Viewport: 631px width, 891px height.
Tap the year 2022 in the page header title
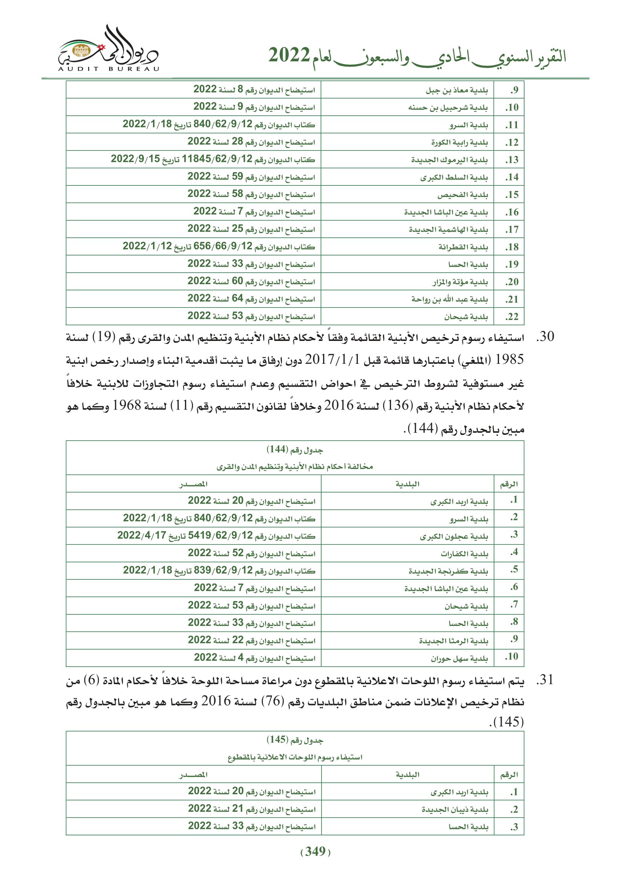tap(289, 56)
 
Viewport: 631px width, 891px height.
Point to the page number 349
tap(315, 851)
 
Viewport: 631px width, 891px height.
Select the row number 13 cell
tap(512, 160)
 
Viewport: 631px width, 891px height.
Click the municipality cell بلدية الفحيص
tap(462, 195)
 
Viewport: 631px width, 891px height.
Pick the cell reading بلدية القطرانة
tap(463, 247)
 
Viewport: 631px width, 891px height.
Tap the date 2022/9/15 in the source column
tap(135, 159)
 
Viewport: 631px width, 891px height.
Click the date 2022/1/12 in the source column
tap(147, 246)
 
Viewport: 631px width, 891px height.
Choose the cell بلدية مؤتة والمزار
tap(460, 282)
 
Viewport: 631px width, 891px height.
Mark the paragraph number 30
tap(545, 337)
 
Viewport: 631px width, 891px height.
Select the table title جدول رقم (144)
tap(295, 450)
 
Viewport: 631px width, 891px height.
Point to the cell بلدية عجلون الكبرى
tap(454, 537)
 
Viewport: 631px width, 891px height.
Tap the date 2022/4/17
tap(142, 536)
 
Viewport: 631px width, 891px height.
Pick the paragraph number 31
tap(545, 680)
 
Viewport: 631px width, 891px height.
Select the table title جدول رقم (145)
tap(295, 740)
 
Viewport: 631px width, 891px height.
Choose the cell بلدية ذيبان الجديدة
tap(455, 810)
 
